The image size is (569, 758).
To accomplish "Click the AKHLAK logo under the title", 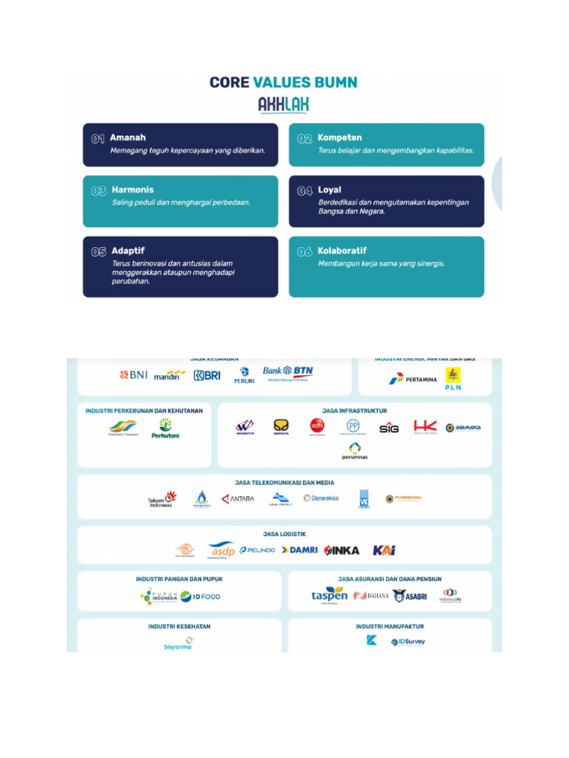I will [x=284, y=105].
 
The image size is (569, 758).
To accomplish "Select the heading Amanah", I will [x=128, y=138].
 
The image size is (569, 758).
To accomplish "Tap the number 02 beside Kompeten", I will [x=305, y=138].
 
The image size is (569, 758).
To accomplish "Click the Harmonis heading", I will [x=133, y=190].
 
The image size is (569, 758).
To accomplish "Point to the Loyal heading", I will [x=330, y=190].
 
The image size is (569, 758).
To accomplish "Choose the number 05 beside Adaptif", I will [x=99, y=252].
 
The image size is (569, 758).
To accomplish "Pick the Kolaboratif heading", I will [x=342, y=251].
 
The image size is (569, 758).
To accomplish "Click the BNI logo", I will [x=134, y=375].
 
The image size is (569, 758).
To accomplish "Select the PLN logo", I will [x=453, y=378].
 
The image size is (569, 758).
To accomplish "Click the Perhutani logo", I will [x=165, y=428].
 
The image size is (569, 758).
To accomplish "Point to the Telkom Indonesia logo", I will [x=161, y=500].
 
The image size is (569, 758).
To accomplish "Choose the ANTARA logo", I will [x=238, y=499].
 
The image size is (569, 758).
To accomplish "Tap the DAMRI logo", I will [x=299, y=550].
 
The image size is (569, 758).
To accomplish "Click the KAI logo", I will [x=384, y=550].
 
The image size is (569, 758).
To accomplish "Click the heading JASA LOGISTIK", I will [x=284, y=534].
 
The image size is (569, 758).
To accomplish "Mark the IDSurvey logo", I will [x=408, y=642].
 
